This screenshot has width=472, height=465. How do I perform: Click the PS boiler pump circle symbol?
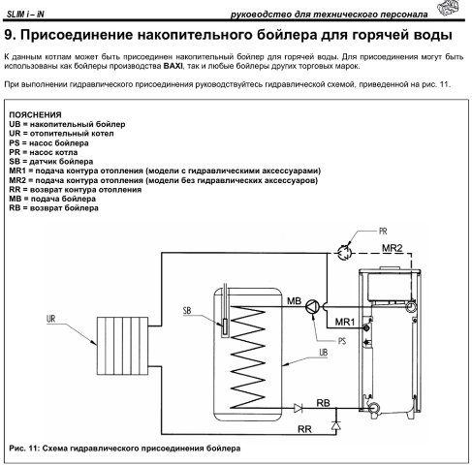[312, 306]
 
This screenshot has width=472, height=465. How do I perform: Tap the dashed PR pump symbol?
[344, 252]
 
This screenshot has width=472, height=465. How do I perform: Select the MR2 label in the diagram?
[393, 248]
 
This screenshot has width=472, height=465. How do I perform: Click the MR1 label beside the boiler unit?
[345, 322]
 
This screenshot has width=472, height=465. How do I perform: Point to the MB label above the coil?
[294, 301]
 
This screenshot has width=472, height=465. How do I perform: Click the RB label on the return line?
[323, 403]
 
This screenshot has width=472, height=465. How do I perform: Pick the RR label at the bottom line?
[304, 429]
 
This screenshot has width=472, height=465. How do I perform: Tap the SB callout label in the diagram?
[187, 311]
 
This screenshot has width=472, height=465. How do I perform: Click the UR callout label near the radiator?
[51, 319]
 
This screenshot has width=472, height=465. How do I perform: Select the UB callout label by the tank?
[324, 353]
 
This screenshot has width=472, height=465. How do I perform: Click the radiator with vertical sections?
[122, 346]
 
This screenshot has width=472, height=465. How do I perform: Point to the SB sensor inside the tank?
[225, 326]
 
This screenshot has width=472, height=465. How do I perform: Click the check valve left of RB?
[299, 408]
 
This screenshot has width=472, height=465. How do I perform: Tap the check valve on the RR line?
[336, 426]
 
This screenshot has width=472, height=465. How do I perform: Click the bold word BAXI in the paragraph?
[173, 66]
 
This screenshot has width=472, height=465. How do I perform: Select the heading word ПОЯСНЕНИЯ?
[35, 114]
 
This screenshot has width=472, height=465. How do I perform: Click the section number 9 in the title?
[10, 35]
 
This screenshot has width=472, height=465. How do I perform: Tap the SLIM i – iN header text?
[25, 15]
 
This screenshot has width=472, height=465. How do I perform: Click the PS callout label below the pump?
[342, 341]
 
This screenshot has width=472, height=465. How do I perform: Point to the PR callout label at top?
[383, 232]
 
